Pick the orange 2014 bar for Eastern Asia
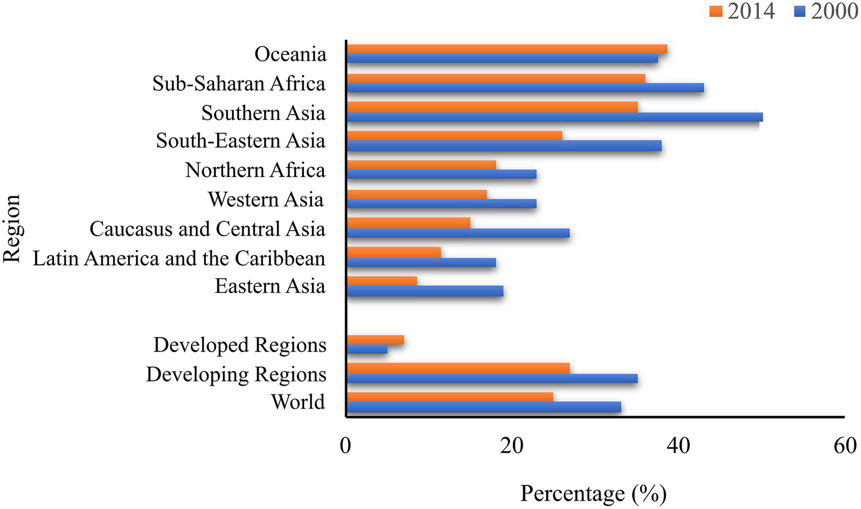(382, 281)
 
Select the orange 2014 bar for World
(450, 397)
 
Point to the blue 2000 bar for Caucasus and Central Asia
(458, 233)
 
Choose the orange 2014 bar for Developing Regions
(458, 368)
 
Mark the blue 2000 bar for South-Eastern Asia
(504, 146)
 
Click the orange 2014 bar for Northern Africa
(422, 165)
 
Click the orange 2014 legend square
(715, 11)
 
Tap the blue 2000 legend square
(800, 11)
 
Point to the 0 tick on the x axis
(346, 445)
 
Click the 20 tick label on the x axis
(511, 445)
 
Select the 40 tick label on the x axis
(678, 445)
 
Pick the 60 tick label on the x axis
(845, 445)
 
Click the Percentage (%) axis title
(593, 493)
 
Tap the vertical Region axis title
(12, 229)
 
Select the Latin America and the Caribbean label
(179, 258)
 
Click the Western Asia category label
(265, 199)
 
